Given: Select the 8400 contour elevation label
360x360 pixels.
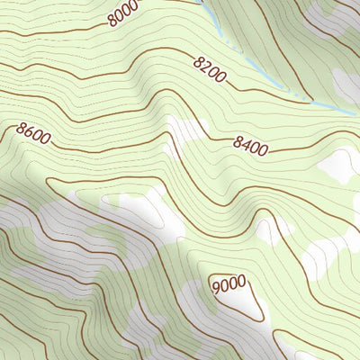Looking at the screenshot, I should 249,144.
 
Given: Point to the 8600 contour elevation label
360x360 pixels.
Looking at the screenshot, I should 33,133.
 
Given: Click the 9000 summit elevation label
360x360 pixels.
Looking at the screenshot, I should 229,285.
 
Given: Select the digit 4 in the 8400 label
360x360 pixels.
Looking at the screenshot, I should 247,143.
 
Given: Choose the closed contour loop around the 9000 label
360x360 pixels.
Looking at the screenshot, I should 257,306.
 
